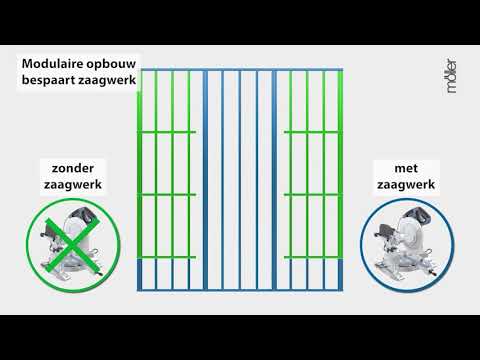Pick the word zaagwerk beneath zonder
tap(71, 185)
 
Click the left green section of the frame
tap(164, 165)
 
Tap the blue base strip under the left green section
tap(164, 276)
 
